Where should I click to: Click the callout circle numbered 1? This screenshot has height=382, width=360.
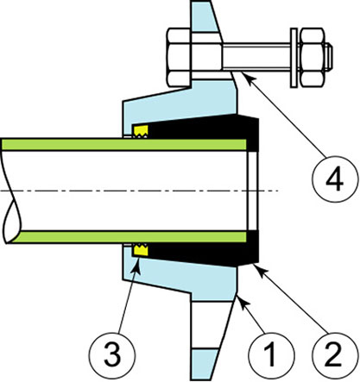(x=271, y=355)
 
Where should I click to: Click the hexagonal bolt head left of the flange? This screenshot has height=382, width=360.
(x=179, y=57)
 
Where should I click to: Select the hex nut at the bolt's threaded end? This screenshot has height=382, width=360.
(x=312, y=58)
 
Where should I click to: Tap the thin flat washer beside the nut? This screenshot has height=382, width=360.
(x=294, y=58)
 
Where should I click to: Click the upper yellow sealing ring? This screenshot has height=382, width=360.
(x=140, y=131)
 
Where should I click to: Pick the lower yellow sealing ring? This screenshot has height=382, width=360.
(x=140, y=250)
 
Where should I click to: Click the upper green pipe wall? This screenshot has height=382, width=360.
(x=123, y=145)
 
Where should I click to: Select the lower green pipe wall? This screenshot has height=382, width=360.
(x=128, y=236)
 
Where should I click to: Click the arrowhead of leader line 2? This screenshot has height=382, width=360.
(x=259, y=270)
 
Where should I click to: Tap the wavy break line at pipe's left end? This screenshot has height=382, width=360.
(x=11, y=191)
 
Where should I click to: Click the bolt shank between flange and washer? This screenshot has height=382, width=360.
(x=256, y=57)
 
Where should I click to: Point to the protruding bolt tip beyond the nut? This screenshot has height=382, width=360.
(x=329, y=57)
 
